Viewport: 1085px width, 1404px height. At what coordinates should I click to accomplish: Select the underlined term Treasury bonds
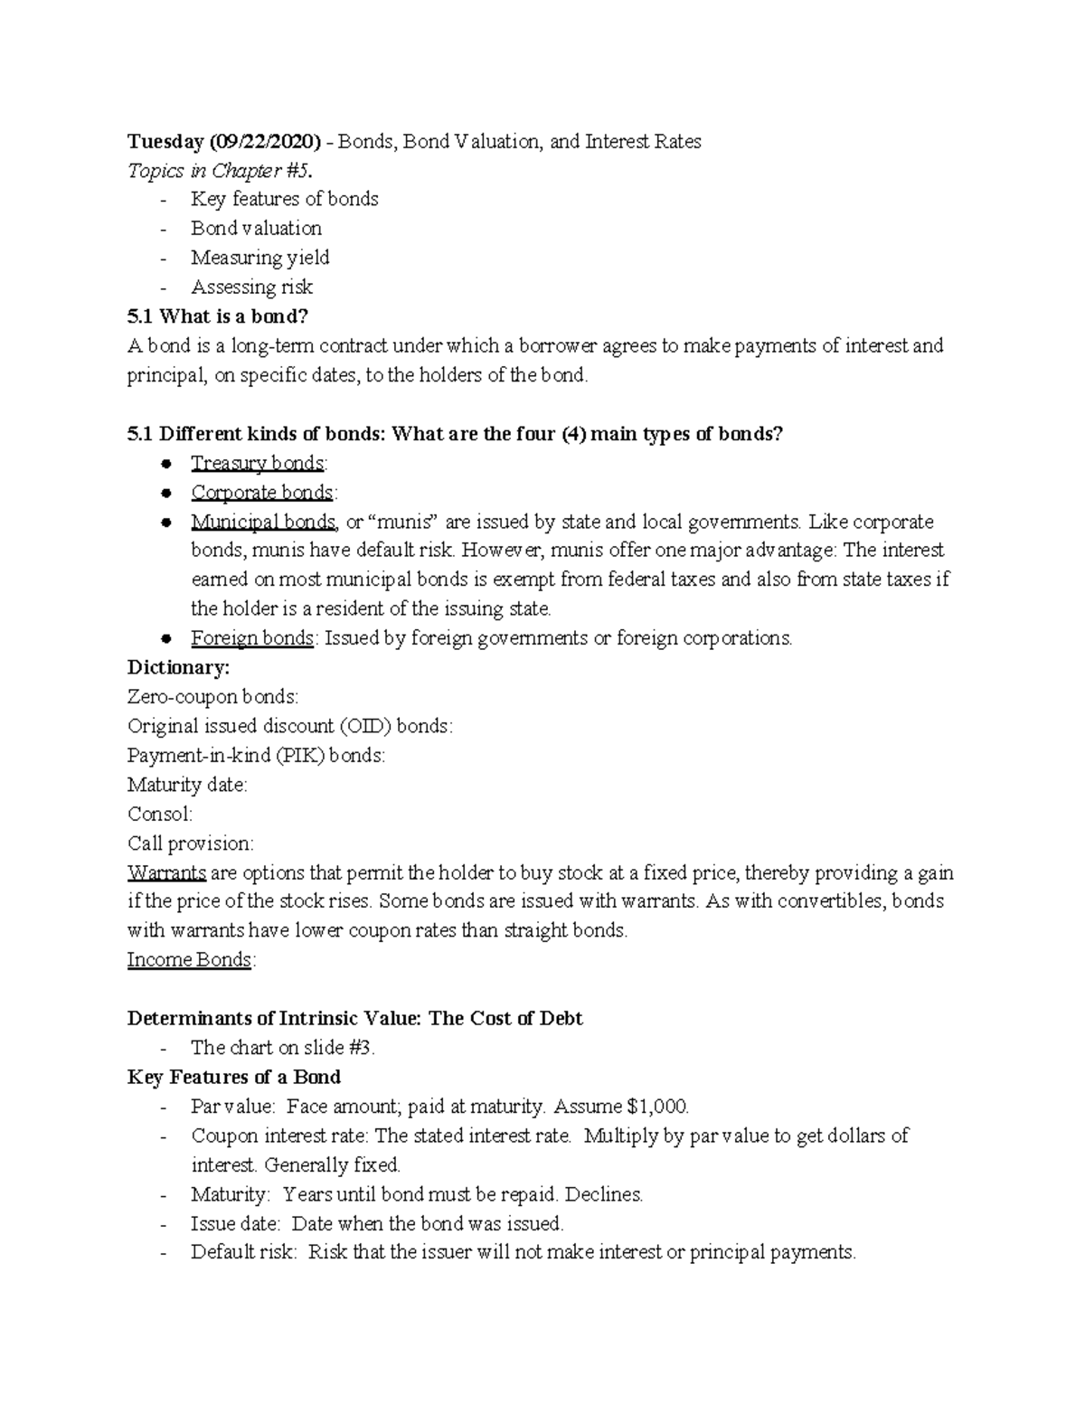[257, 463]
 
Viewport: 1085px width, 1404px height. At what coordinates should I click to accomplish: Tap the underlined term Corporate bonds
[261, 493]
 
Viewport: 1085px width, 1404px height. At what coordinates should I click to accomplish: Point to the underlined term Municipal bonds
[264, 522]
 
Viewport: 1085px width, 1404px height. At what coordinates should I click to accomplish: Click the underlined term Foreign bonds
[252, 638]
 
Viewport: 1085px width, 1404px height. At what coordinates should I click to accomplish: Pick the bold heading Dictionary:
[179, 667]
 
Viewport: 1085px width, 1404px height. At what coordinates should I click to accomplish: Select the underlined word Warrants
[167, 873]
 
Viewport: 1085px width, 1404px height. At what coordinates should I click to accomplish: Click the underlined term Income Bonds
[189, 960]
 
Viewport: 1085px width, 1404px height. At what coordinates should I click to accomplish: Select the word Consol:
[160, 814]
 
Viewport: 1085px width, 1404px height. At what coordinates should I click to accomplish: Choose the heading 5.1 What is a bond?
[212, 316]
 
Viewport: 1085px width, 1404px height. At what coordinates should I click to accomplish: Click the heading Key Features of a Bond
[234, 1077]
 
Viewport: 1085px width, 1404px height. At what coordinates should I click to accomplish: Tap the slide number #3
[361, 1048]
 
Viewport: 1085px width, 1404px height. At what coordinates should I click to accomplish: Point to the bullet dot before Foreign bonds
[165, 638]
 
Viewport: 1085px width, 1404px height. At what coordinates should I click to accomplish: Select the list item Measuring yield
[260, 258]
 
